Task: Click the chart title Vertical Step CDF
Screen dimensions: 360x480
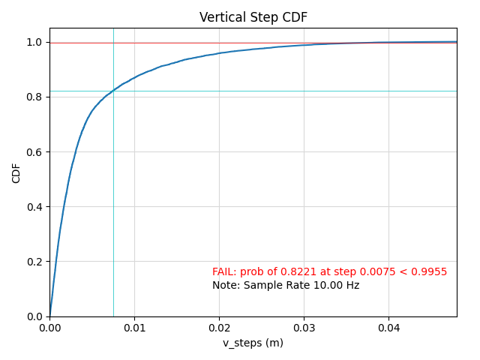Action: pos(253,17)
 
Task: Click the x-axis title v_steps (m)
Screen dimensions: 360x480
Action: pos(253,343)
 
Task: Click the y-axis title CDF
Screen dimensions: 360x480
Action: pos(16,173)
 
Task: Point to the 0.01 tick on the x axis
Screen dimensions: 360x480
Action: pos(134,328)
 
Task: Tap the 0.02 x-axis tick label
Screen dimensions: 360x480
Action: pos(219,328)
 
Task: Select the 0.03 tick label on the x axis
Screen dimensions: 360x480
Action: pos(304,328)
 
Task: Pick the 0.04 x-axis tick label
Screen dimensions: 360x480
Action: pos(388,328)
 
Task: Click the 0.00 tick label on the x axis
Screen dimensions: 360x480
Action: pos(49,328)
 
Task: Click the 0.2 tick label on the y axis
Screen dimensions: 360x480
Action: pos(34,262)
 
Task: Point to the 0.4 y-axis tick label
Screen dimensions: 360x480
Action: pos(34,207)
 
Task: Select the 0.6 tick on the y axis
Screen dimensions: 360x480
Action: pos(34,152)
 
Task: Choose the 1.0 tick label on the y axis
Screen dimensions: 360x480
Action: pos(34,43)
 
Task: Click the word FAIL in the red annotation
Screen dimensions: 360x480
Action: pos(224,271)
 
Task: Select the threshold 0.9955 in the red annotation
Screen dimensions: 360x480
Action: pos(430,271)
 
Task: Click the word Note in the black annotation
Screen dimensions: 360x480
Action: pos(224,286)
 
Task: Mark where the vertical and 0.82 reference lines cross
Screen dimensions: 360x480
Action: pos(113,91)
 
